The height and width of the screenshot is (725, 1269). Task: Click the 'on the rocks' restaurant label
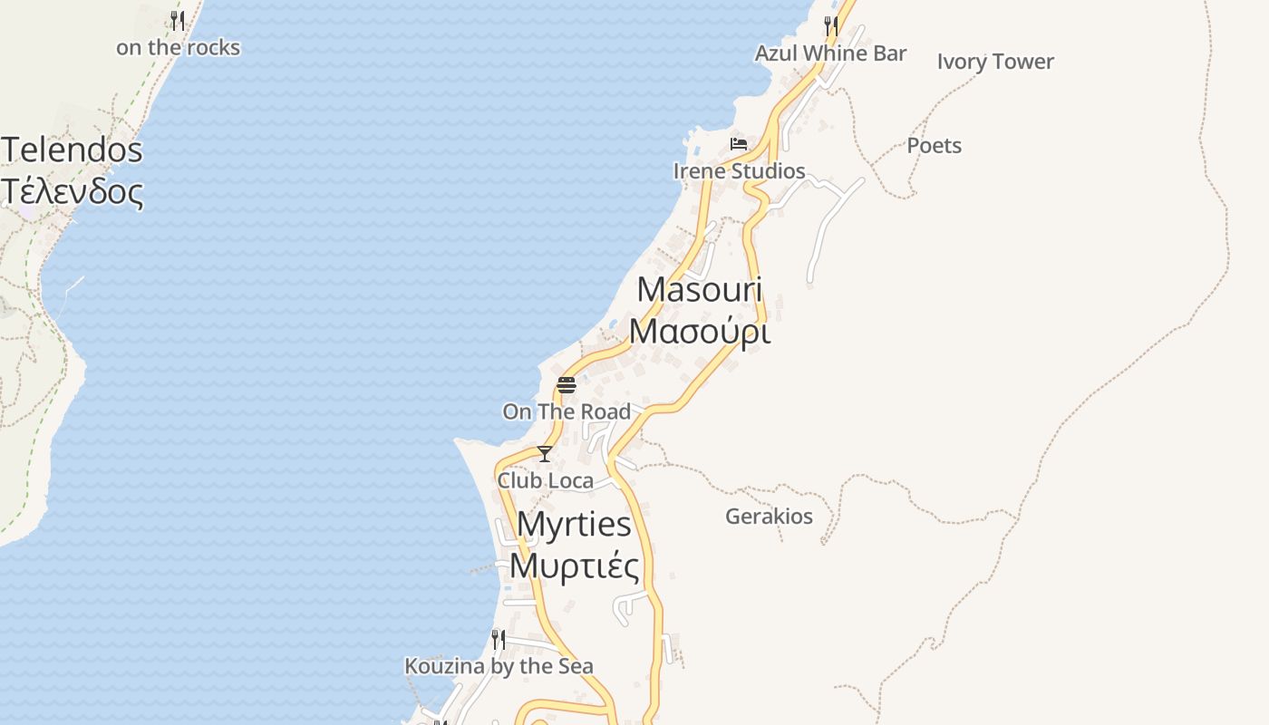point(178,48)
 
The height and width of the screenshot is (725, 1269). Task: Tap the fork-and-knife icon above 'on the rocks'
point(178,20)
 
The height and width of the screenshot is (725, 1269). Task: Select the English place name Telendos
point(73,150)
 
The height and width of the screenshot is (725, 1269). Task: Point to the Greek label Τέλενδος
point(73,191)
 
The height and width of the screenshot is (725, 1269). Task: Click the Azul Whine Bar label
point(830,53)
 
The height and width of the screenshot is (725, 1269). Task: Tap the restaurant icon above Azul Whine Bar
point(830,25)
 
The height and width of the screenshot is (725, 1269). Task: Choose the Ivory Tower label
point(995,62)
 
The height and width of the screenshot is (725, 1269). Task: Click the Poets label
point(934,146)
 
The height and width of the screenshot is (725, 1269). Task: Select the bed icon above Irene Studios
point(739,143)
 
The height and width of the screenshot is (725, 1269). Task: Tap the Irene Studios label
point(739,171)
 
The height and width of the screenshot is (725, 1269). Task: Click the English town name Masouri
point(700,290)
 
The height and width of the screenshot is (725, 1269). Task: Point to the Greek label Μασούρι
point(700,333)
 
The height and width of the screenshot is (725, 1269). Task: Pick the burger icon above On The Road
point(567,384)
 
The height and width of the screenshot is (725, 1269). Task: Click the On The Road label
point(567,411)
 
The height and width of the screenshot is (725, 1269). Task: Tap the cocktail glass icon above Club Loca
point(545,453)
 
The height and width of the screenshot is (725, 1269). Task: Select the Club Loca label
point(545,480)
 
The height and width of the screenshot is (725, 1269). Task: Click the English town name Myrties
point(574,524)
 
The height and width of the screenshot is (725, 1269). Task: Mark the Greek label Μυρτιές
point(574,565)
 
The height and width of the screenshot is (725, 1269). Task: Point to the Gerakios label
point(769,517)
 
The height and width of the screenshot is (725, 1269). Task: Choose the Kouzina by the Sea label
point(499,666)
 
